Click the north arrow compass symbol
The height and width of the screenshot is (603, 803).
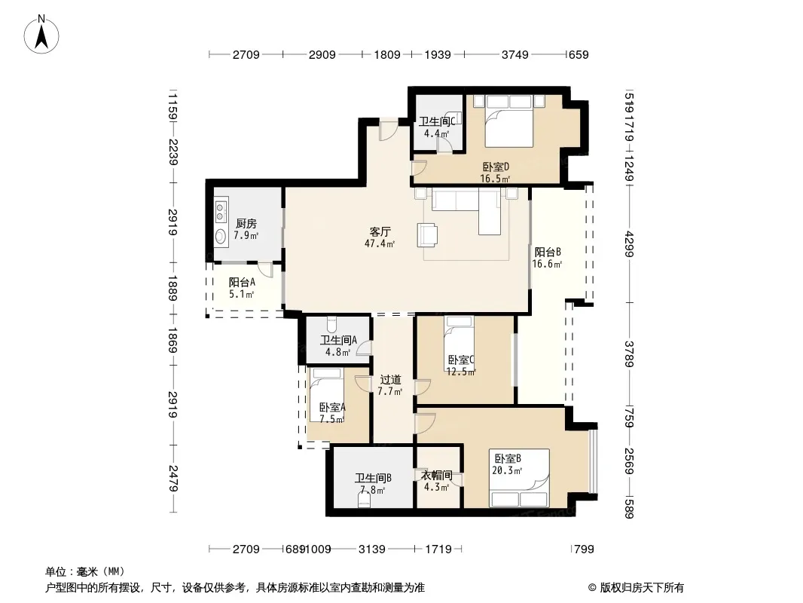point(41,34)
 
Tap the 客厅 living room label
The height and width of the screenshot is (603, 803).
point(380,232)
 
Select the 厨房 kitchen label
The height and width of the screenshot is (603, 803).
point(246,224)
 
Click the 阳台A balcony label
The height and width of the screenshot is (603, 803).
point(242,283)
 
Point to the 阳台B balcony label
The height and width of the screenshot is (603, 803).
point(548,252)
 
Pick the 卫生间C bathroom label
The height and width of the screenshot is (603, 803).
point(437,121)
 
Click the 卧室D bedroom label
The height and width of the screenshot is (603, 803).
point(496,167)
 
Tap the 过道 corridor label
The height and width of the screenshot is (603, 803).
point(390,380)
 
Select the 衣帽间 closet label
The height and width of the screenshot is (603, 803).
point(436,476)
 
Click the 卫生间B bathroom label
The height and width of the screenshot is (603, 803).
point(374,478)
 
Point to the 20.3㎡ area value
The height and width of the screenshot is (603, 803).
point(507,470)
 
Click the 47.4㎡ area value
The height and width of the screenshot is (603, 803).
point(380,244)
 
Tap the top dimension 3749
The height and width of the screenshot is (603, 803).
point(514,55)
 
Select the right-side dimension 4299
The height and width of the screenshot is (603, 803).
point(630,244)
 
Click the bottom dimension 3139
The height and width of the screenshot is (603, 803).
point(372,549)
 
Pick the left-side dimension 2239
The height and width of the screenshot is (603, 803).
point(173,152)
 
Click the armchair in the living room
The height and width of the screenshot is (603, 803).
point(427,235)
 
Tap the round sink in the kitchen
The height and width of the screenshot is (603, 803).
point(221,237)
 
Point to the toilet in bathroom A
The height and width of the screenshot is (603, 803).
point(332,324)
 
